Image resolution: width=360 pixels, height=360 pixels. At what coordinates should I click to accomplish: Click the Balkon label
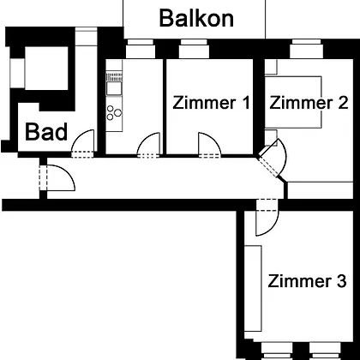196,18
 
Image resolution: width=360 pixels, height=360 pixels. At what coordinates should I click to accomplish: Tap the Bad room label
46,132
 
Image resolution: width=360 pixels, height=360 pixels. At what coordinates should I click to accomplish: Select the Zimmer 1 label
211,103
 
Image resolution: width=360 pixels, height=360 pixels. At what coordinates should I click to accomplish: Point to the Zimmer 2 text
309,103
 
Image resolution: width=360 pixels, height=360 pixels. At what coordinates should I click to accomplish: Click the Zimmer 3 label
307,281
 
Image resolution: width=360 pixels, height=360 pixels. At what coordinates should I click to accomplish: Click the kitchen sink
114,88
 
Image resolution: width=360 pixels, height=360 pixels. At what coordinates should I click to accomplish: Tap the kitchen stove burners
114,112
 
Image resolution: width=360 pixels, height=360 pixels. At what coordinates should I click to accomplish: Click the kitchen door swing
148,143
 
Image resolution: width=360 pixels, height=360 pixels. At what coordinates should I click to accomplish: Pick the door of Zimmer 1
210,143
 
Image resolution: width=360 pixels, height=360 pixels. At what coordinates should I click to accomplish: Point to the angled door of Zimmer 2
273,158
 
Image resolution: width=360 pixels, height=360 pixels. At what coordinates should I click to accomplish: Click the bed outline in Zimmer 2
293,102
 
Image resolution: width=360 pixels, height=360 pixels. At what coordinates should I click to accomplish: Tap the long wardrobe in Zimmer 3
253,288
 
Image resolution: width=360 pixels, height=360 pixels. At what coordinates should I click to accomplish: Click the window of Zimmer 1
194,49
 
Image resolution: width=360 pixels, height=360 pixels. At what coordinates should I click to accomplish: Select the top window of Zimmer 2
306,49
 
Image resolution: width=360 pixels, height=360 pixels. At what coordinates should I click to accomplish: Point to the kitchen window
141,49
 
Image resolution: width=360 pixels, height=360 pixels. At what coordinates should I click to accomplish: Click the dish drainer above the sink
114,77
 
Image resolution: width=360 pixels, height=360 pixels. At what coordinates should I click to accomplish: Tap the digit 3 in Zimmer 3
342,281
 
